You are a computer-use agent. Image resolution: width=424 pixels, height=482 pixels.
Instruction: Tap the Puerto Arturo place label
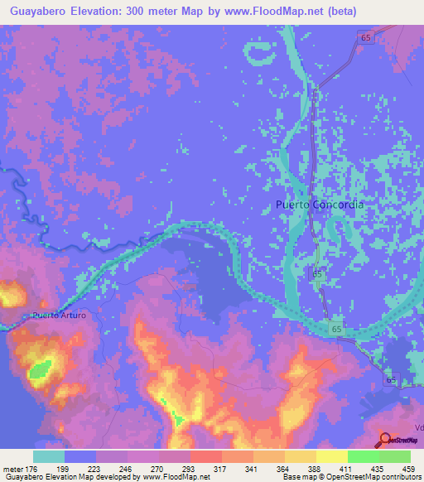[59, 316]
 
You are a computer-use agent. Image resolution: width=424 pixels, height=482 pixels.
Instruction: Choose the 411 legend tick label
[334, 469]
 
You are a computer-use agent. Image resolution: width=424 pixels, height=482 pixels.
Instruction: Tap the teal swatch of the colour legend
[49, 456]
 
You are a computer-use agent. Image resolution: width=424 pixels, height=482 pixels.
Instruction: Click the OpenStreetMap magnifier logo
[385, 440]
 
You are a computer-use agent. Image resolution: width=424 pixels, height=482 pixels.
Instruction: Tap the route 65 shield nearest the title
[365, 36]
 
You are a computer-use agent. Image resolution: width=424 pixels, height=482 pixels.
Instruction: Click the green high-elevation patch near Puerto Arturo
[37, 374]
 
